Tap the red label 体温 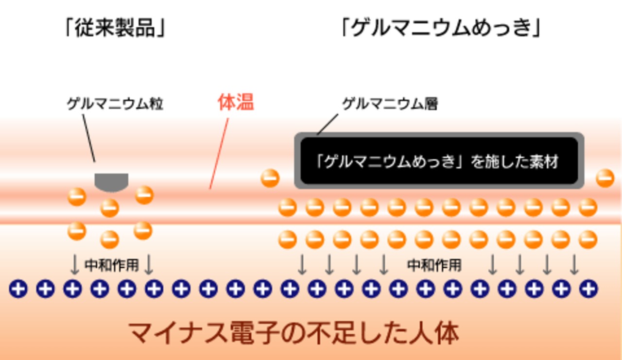tap(235, 103)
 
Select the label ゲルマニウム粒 tap(115, 104)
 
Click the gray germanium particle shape tap(111, 182)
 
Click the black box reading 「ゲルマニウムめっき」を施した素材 tap(439, 161)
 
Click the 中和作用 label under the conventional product tap(112, 265)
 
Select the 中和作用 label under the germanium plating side tap(434, 265)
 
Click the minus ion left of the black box tap(270, 178)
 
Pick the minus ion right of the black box tap(605, 178)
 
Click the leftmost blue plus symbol tap(18, 289)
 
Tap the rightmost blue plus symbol tap(588, 289)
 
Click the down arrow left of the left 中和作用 tap(74, 265)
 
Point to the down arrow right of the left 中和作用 tap(149, 265)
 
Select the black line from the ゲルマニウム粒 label tap(88, 138)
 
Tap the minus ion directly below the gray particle tap(110, 208)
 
